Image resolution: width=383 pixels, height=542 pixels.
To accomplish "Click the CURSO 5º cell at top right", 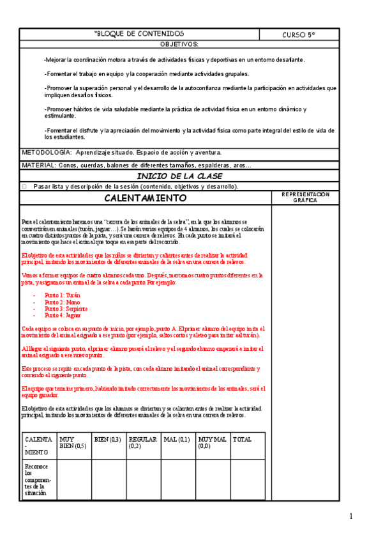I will [x=299, y=34].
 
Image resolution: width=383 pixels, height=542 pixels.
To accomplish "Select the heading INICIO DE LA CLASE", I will [x=179, y=176].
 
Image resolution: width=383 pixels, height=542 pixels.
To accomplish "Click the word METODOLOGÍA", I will [x=47, y=153].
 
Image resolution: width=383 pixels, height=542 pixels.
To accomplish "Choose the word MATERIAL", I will [x=38, y=166].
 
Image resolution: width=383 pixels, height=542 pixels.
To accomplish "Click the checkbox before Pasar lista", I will [x=24, y=187].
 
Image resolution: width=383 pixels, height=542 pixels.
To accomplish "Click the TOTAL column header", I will [x=242, y=440].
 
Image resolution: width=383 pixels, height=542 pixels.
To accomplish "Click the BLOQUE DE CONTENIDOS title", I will [x=139, y=33].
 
